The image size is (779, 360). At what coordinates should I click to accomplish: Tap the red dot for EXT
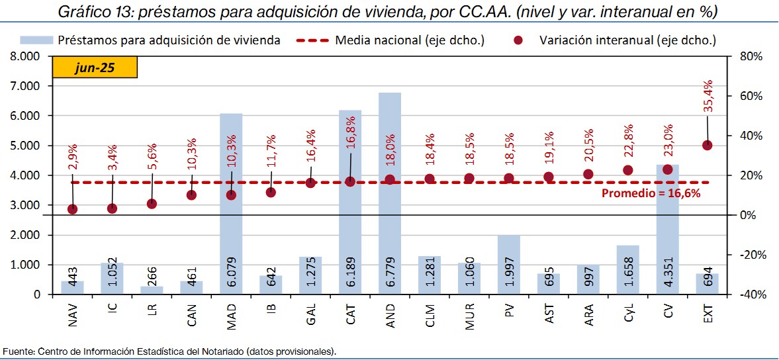pyautogui.click(x=707, y=145)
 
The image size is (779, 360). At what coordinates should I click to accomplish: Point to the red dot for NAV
pyautogui.click(x=72, y=209)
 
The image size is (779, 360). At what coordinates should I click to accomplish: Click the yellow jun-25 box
pyautogui.click(x=95, y=69)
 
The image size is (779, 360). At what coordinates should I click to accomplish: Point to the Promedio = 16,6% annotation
pyautogui.click(x=650, y=193)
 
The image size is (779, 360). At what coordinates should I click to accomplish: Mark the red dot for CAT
pyautogui.click(x=350, y=181)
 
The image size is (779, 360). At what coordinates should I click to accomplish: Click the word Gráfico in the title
pyautogui.click(x=83, y=12)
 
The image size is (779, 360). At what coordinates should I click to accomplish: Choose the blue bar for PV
pyautogui.click(x=509, y=265)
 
